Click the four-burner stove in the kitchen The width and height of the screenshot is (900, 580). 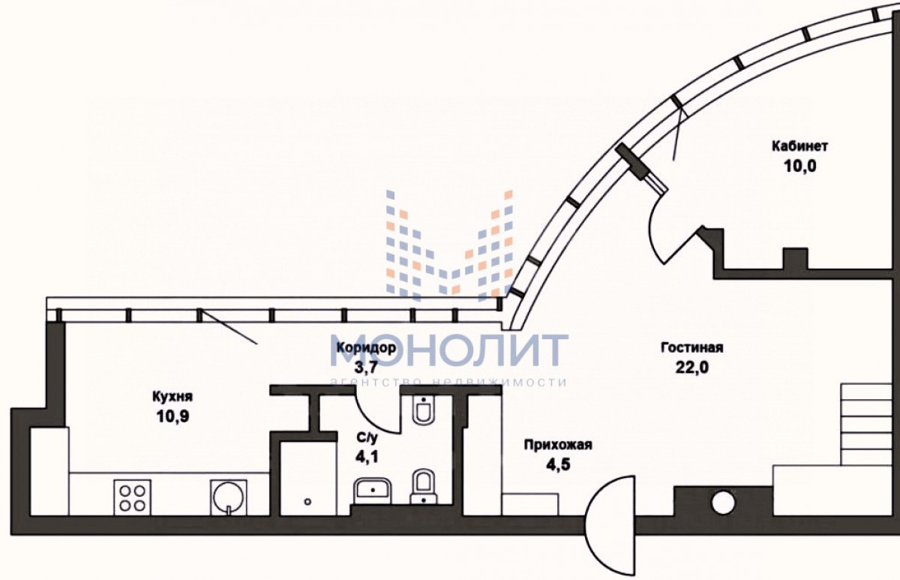131,496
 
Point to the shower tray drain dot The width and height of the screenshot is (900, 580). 307,500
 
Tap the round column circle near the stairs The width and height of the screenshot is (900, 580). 722,502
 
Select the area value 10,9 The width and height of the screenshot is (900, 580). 172,417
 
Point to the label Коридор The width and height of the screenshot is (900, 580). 365,348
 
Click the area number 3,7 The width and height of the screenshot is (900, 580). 365,368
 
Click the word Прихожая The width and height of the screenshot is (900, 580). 558,445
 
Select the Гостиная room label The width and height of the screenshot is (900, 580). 691,347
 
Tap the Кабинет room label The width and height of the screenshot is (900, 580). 800,146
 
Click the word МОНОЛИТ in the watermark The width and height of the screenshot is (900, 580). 449,350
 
